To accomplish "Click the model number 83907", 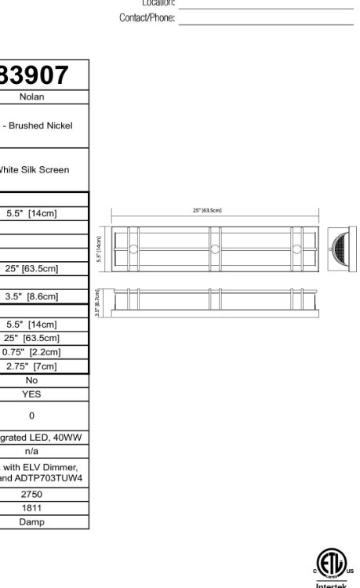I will (x=35, y=75).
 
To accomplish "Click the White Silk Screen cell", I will (x=35, y=169).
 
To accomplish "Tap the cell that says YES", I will (x=31, y=394).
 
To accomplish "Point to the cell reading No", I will (x=31, y=380).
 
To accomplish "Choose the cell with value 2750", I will (x=31, y=495).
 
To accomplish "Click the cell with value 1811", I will (x=31, y=508).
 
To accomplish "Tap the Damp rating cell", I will (x=31, y=521).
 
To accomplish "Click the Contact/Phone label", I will (x=147, y=18).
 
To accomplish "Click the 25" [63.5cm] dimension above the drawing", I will (x=207, y=210).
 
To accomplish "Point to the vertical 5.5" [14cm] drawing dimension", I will (x=100, y=249).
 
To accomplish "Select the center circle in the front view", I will (x=214, y=249).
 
